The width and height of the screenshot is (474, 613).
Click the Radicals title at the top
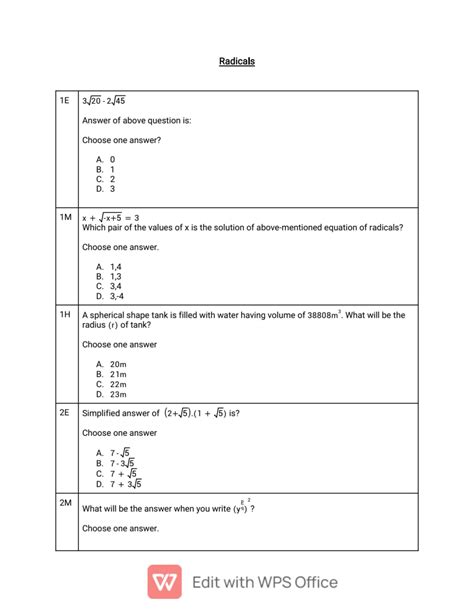click(x=237, y=61)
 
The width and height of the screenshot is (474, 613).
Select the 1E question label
click(x=65, y=101)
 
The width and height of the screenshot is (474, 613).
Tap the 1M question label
click(x=65, y=217)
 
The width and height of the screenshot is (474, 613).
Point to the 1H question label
click(x=65, y=315)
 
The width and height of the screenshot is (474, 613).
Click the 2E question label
click(x=65, y=412)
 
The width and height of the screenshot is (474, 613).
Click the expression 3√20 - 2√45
click(x=104, y=101)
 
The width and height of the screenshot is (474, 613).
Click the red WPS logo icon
click(x=164, y=581)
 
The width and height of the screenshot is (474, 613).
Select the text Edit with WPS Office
click(x=264, y=582)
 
